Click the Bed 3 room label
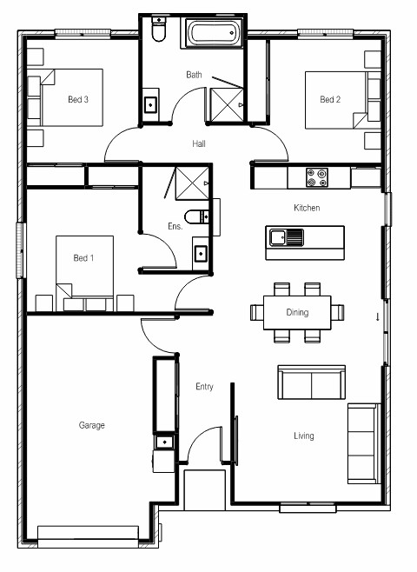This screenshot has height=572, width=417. (x=78, y=99)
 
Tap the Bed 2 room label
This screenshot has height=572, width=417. (x=330, y=99)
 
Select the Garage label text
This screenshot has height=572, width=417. (x=91, y=425)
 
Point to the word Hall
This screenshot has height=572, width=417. (x=199, y=143)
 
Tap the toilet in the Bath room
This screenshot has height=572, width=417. (x=159, y=29)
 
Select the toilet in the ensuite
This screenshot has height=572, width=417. (x=196, y=216)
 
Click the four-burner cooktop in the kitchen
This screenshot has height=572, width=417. (x=317, y=177)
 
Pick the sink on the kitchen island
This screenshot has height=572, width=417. (x=287, y=237)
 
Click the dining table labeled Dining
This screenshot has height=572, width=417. (x=297, y=313)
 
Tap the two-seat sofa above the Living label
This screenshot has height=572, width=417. (x=311, y=382)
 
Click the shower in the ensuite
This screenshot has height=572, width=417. (x=192, y=183)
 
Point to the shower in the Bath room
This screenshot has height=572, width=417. (x=227, y=104)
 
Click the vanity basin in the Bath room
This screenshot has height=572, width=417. (x=150, y=104)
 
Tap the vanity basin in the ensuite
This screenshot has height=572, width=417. (x=201, y=254)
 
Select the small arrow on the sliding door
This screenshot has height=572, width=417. (x=378, y=317)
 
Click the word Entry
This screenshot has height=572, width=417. (x=204, y=387)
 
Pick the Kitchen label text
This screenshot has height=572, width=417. (x=307, y=208)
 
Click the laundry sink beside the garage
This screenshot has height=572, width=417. (x=164, y=442)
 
